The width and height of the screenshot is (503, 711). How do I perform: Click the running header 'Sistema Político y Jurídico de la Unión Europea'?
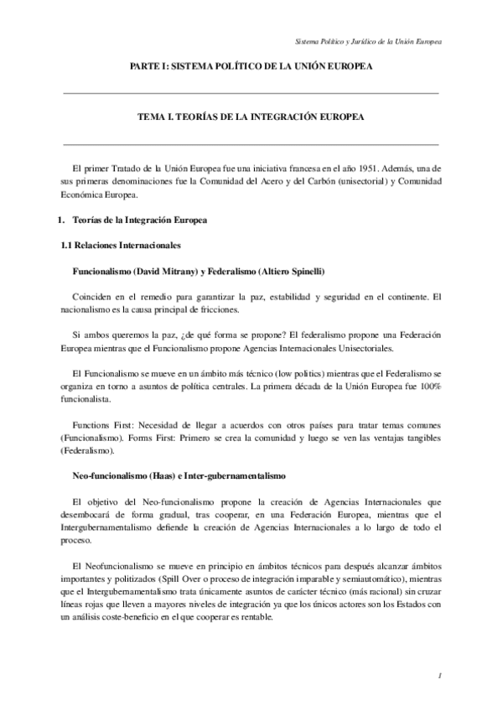coord(369,41)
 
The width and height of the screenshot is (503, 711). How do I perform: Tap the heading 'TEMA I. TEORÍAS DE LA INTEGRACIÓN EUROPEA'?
coord(251,118)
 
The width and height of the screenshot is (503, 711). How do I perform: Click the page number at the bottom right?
coord(438,674)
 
